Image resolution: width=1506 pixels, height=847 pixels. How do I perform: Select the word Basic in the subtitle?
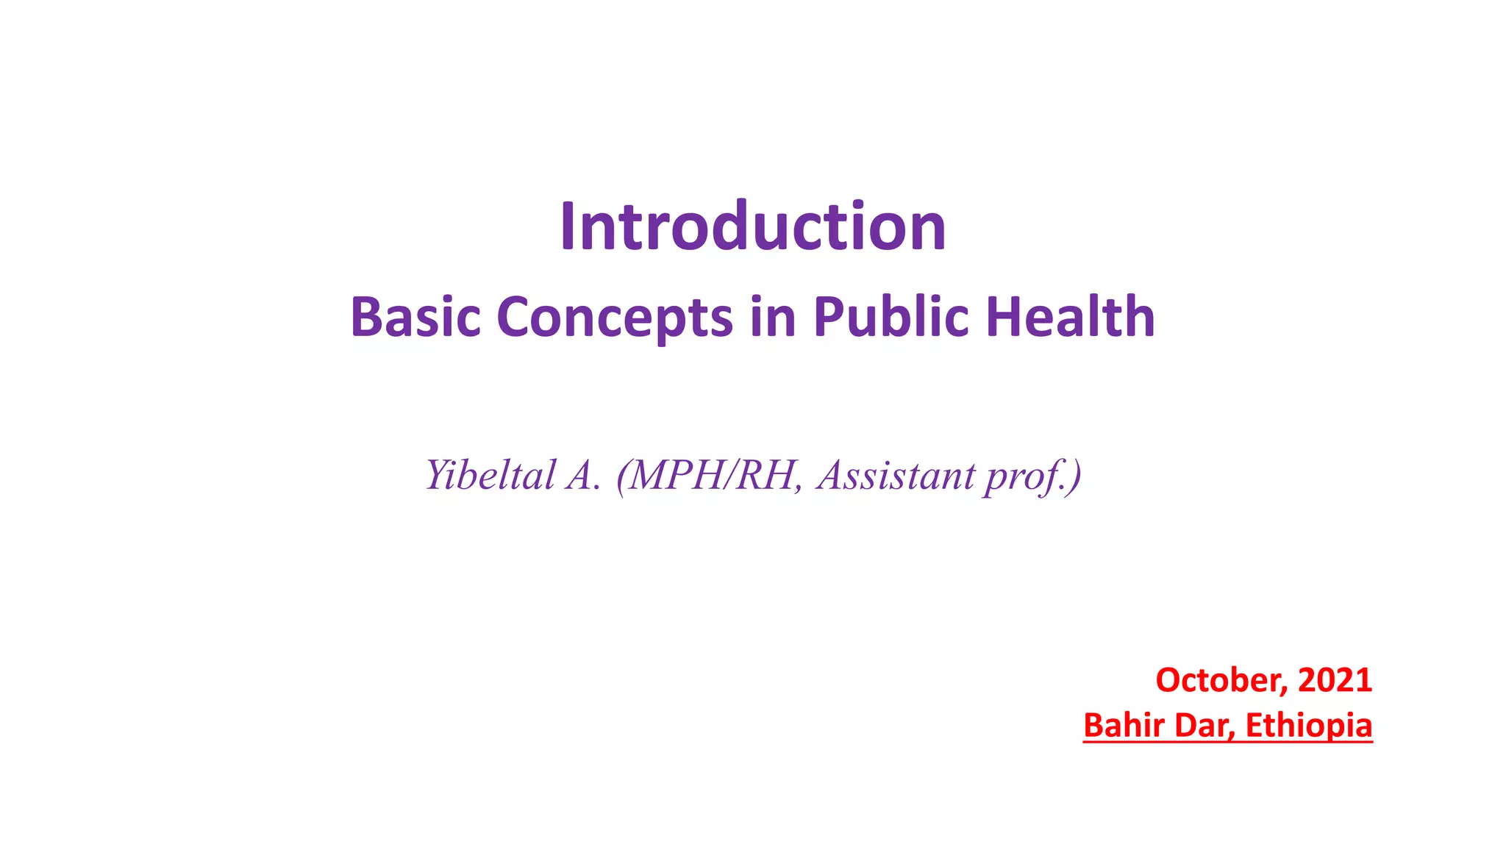[x=415, y=317]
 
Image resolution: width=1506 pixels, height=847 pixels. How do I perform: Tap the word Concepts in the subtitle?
[x=615, y=317]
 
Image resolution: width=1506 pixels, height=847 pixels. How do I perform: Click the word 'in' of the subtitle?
[x=773, y=317]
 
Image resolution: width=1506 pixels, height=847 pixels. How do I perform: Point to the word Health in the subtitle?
[x=1070, y=317]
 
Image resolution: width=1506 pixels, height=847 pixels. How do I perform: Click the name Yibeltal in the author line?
[x=490, y=475]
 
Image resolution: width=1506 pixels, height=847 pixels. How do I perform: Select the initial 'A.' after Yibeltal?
[x=584, y=475]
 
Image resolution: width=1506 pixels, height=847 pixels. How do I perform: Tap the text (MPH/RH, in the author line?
[x=709, y=475]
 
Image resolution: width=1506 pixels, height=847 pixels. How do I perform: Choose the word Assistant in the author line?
[x=896, y=475]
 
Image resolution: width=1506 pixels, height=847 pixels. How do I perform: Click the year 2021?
[x=1335, y=679]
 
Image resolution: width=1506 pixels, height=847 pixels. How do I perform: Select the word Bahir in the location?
[x=1124, y=726]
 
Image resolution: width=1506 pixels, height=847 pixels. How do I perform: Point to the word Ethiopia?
[x=1308, y=726]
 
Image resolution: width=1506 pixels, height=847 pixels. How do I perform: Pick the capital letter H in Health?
[x=1002, y=317]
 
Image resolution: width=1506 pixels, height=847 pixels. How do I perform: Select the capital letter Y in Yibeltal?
[x=437, y=475]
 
